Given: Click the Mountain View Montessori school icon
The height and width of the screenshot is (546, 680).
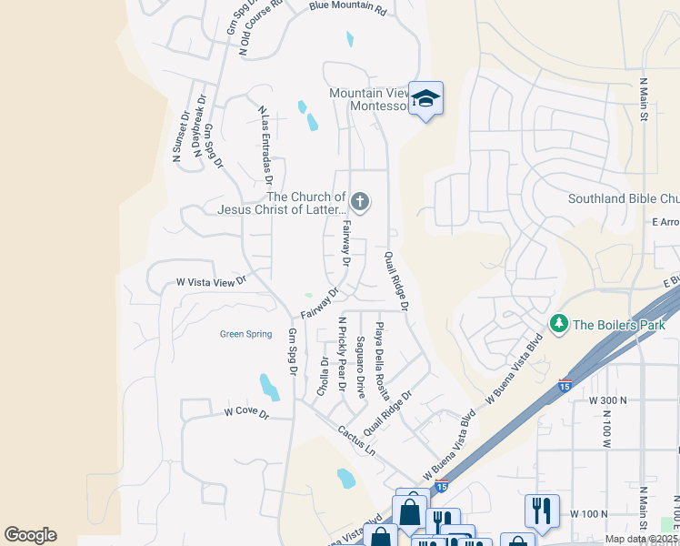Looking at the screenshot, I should pyautogui.click(x=425, y=98).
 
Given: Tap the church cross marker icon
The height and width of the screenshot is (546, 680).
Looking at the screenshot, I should pyautogui.click(x=360, y=202).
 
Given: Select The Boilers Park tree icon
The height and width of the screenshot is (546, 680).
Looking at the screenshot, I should pyautogui.click(x=558, y=324).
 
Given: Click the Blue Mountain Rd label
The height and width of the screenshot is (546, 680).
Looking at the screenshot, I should pyautogui.click(x=347, y=7).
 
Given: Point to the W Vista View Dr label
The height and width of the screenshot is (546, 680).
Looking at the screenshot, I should pyautogui.click(x=212, y=283).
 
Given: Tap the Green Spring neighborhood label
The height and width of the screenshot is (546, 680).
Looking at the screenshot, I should pyautogui.click(x=245, y=334).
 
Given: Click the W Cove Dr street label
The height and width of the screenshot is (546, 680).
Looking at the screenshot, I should pyautogui.click(x=247, y=413).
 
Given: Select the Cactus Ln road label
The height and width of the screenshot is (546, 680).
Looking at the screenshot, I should pyautogui.click(x=356, y=440).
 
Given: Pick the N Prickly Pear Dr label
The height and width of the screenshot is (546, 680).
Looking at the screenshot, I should pyautogui.click(x=343, y=353).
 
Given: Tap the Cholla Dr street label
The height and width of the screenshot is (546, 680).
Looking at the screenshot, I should pyautogui.click(x=324, y=375).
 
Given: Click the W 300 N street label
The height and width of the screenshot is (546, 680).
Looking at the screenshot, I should pyautogui.click(x=608, y=400).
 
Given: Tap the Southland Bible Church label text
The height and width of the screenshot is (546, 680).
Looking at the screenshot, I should pyautogui.click(x=624, y=198).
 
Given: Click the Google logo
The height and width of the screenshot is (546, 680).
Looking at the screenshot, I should pyautogui.click(x=30, y=535).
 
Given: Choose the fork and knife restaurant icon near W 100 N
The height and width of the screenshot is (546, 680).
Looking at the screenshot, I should pyautogui.click(x=542, y=511).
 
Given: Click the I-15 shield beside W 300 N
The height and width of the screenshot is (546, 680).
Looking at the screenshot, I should pyautogui.click(x=565, y=385).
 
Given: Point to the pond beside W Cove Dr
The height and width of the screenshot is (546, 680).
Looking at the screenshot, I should pyautogui.click(x=269, y=387).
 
